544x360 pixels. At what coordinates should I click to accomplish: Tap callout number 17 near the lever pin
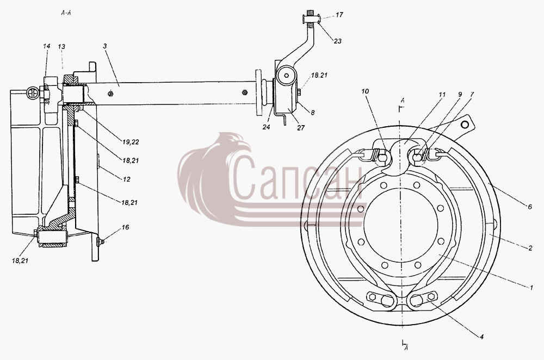(x=339, y=15)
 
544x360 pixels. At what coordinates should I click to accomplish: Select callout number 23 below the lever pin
(x=338, y=41)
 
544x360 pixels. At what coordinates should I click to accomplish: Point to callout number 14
(x=47, y=46)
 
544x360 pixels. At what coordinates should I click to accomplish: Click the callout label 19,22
(x=131, y=142)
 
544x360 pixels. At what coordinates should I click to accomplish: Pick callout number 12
(x=126, y=179)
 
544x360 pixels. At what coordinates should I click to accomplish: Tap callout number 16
(x=125, y=227)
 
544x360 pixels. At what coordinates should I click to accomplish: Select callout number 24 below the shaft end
(x=266, y=127)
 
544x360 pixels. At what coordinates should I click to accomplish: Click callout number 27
(x=301, y=128)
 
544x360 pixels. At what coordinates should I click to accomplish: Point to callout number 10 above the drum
(x=365, y=91)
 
